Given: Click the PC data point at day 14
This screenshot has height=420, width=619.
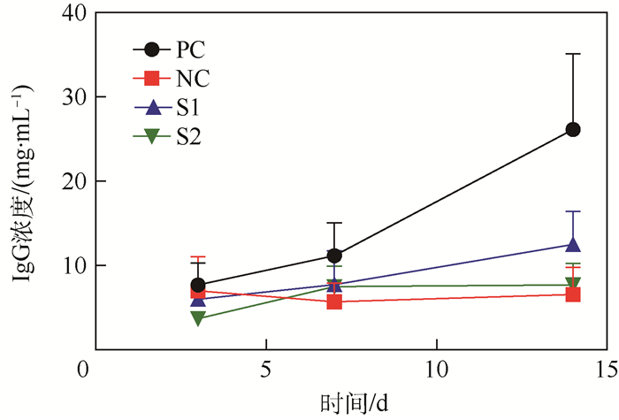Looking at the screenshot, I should tap(572, 130).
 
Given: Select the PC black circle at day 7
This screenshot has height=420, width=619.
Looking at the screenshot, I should tap(334, 256).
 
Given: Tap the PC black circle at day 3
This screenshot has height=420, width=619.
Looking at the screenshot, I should tap(198, 285).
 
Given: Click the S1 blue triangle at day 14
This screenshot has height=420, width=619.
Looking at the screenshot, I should tap(572, 244).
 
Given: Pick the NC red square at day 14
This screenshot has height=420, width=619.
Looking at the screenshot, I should tap(572, 294).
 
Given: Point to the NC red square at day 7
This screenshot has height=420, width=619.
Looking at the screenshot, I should tap(334, 302).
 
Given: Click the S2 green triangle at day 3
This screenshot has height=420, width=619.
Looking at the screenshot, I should tap(198, 318).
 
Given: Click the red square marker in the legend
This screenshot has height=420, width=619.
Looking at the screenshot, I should tap(151, 78).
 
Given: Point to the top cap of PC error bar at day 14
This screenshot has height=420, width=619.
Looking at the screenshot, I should tap(572, 54).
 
